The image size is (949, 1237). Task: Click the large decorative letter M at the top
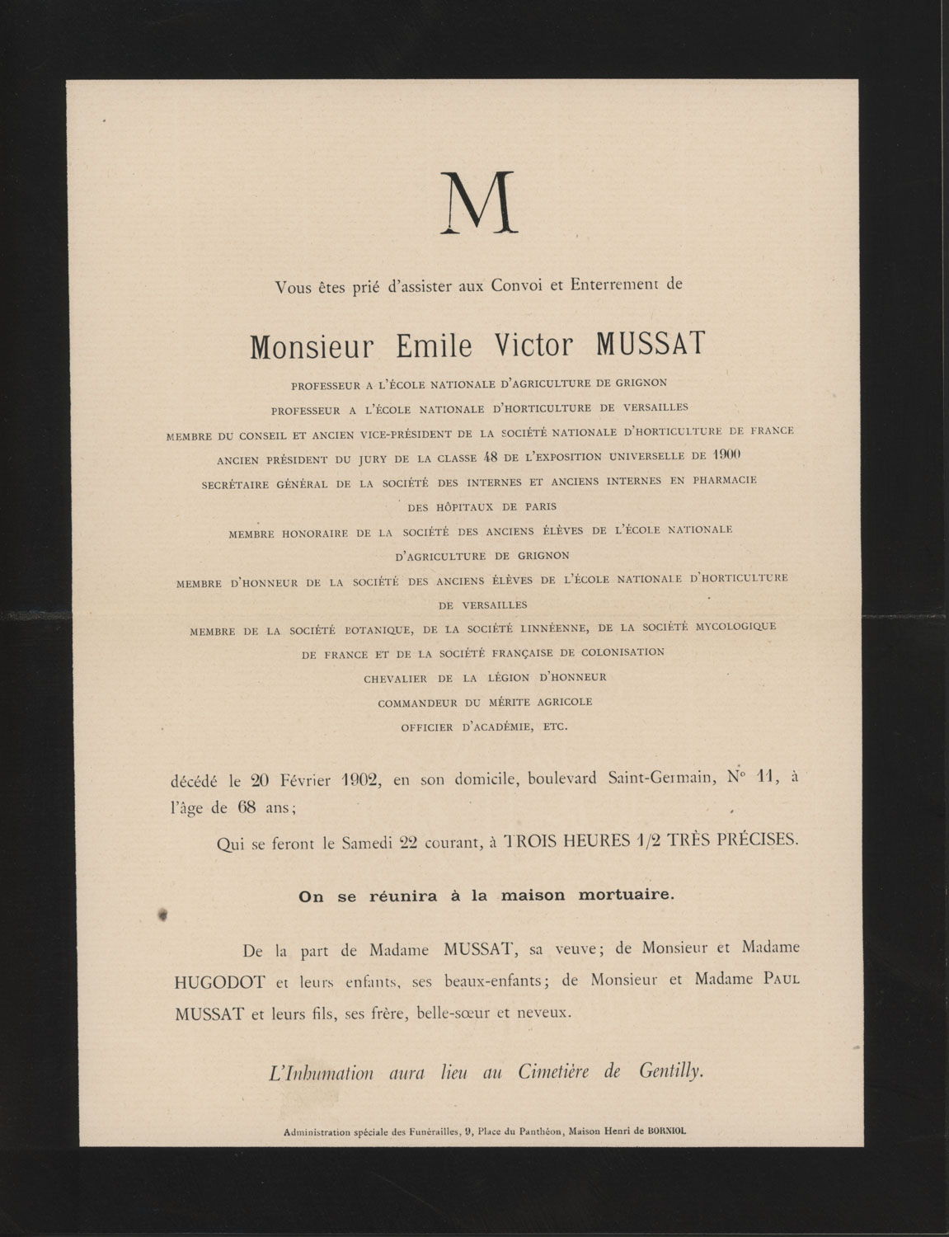click(478, 203)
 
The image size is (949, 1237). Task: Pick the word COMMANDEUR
click(416, 703)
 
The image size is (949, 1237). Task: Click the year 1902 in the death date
click(359, 780)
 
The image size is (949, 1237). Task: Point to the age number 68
click(248, 808)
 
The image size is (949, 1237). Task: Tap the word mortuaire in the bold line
click(629, 896)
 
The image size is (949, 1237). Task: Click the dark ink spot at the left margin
click(162, 914)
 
